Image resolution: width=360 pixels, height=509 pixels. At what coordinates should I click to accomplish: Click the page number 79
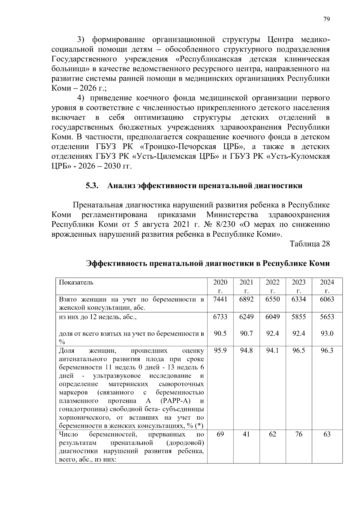click(x=326, y=19)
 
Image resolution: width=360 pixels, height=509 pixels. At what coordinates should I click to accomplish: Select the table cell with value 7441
click(x=220, y=299)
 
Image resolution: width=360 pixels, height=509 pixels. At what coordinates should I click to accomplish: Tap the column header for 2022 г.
click(x=272, y=286)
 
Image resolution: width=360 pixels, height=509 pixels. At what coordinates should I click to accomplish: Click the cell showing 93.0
click(x=327, y=334)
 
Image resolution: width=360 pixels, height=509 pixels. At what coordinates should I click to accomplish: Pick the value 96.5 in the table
click(x=298, y=351)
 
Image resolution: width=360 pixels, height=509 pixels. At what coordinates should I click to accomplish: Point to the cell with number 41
click(x=246, y=434)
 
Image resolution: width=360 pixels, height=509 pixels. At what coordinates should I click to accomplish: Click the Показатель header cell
click(x=76, y=282)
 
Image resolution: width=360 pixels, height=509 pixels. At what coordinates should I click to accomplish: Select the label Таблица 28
click(x=310, y=244)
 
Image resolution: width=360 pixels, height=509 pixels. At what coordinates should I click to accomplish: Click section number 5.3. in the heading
click(x=92, y=186)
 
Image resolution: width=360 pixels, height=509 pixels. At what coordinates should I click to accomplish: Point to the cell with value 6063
click(x=327, y=299)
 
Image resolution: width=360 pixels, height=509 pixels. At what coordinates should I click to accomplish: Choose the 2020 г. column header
click(x=220, y=286)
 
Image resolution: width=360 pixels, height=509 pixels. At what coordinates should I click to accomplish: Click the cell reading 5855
click(x=298, y=317)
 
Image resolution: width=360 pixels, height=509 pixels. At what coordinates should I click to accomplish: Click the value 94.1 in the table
click(x=272, y=351)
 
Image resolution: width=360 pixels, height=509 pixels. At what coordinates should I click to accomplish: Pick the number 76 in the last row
click(x=298, y=434)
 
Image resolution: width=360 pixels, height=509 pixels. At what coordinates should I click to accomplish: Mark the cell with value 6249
click(x=246, y=317)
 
